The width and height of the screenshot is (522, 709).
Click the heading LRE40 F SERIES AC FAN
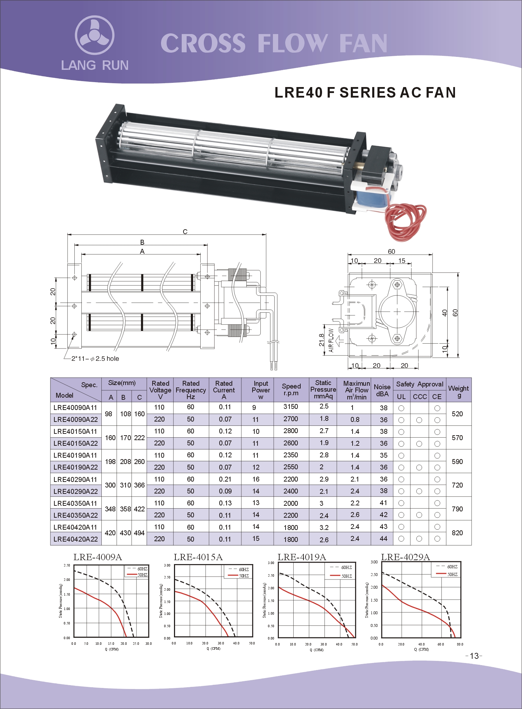tap(365, 93)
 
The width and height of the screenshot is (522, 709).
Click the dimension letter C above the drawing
tap(185, 232)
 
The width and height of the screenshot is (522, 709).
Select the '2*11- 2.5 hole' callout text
tap(95, 359)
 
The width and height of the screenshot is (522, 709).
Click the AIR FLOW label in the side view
tap(331, 340)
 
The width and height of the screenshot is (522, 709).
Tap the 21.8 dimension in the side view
tap(322, 340)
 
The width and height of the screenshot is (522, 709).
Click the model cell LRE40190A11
tap(75, 455)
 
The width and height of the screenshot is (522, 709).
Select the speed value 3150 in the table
tap(290, 407)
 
